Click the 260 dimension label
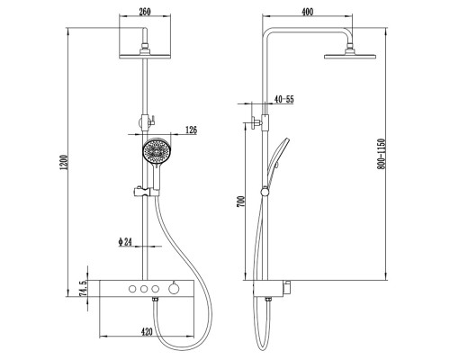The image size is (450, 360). point(145,12)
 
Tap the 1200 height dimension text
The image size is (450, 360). point(64,162)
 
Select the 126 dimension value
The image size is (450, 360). point(191,130)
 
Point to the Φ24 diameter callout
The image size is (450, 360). point(125,242)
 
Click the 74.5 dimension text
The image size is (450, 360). point(83,289)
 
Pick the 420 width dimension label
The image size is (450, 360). point(147,331)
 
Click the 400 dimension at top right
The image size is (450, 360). point(307,12)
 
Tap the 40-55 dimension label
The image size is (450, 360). point(284,99)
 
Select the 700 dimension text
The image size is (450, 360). point(240,202)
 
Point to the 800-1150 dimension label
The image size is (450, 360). point(381,154)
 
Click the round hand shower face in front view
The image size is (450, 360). point(156,151)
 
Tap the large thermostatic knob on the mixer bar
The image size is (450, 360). point(174,289)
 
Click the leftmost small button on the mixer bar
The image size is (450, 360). point(132,289)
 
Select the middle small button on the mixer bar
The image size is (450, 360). point(144,289)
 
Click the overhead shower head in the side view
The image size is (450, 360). point(350,53)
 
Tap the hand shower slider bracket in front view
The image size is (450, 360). point(146,192)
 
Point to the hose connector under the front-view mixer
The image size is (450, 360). point(155,300)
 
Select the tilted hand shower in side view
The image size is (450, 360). point(279,157)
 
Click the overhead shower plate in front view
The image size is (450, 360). point(145,57)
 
